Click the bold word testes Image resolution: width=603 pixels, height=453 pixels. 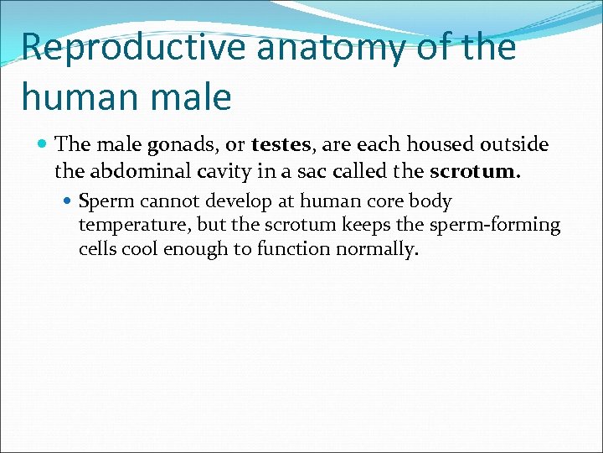coord(281,146)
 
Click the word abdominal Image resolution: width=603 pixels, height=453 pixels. coord(137,172)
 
